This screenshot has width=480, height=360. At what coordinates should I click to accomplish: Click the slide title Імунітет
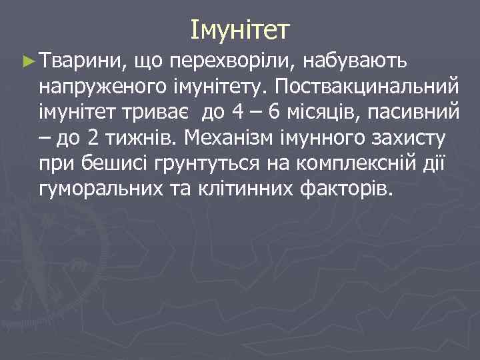239,29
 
